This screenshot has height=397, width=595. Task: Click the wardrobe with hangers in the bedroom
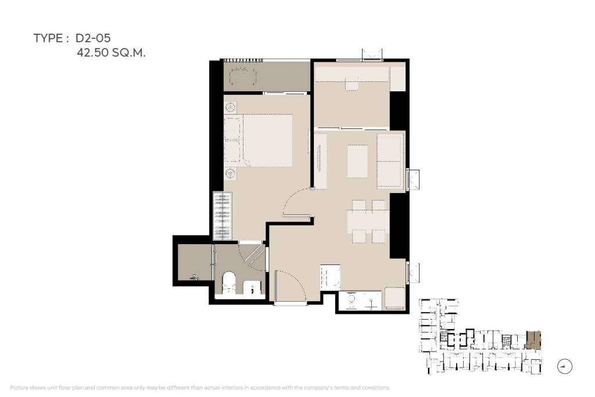(x=223, y=215)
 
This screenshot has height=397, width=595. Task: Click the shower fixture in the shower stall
(x=195, y=277)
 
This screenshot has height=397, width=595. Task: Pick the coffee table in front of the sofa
(x=357, y=161)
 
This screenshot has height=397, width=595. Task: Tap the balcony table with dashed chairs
(x=242, y=77)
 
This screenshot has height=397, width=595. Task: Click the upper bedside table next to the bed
(x=231, y=108)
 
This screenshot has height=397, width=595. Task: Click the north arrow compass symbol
(x=564, y=366)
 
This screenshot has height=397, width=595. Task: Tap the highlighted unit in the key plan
(x=533, y=339)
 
